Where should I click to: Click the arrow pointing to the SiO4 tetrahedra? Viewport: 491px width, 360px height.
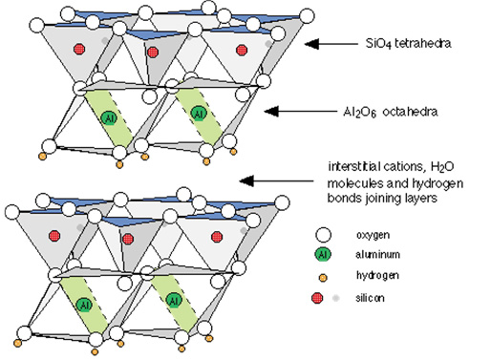(331, 44)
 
